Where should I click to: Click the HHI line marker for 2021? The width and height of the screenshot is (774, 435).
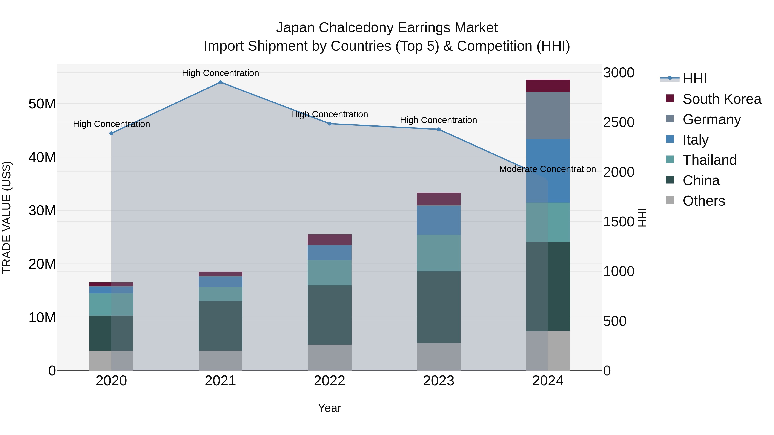coord(220,82)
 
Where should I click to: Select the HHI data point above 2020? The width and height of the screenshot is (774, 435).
coord(111,133)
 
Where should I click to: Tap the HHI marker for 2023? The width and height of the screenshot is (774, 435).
coord(438,129)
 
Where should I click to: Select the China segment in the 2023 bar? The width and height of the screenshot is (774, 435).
coord(438,307)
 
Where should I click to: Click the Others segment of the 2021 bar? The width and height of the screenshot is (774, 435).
coord(220,360)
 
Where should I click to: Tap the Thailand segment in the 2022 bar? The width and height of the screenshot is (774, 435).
coord(329,273)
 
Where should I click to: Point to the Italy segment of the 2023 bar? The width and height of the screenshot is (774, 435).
coord(438,220)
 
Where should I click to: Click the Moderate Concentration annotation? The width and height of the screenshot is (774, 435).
coord(547,169)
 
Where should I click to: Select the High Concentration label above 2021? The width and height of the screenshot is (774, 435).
coord(220,73)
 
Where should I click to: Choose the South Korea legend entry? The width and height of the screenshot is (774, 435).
coord(721,99)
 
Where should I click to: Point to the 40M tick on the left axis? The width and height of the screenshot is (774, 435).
coord(42,157)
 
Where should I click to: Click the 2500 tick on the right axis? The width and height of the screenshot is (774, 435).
coord(618,122)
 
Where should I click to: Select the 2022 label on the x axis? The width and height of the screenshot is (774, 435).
coord(329,381)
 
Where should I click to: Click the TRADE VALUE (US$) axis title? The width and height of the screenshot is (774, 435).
coord(7,217)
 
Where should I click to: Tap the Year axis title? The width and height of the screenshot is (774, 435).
coord(329,408)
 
